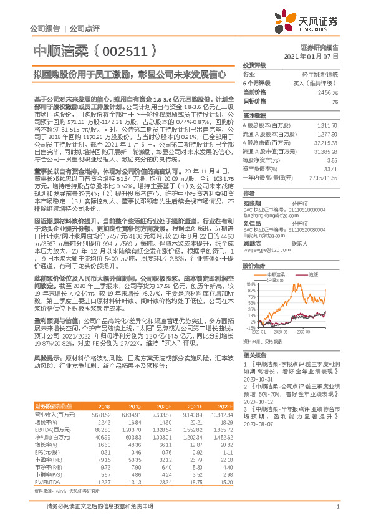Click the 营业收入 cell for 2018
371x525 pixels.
101,413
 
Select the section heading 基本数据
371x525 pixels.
254,115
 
